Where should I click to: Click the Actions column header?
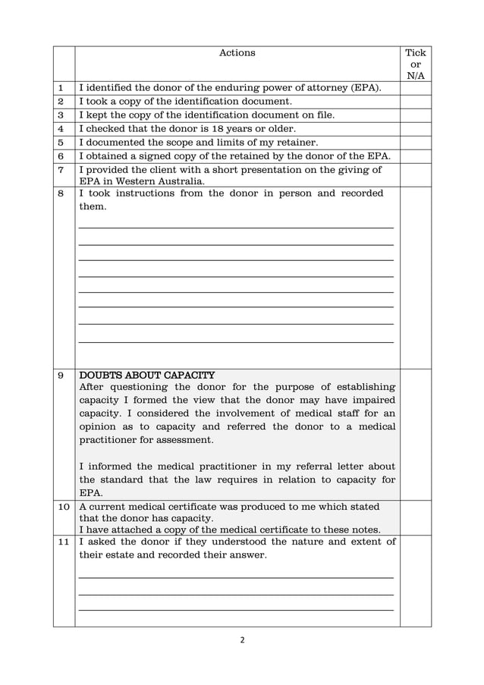pyautogui.click(x=237, y=53)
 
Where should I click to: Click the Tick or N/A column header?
pyautogui.click(x=415, y=64)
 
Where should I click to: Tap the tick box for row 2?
pyautogui.click(x=415, y=102)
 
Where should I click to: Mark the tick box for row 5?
pyautogui.click(x=415, y=143)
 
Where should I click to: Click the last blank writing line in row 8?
pyautogui.click(x=236, y=341)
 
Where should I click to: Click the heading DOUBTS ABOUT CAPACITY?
pyautogui.click(x=147, y=375)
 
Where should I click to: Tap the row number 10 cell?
pyautogui.click(x=63, y=507)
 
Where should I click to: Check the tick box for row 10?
pyautogui.click(x=415, y=517)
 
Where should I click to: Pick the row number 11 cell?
pyautogui.click(x=63, y=542)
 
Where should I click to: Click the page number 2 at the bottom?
pyautogui.click(x=242, y=640)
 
